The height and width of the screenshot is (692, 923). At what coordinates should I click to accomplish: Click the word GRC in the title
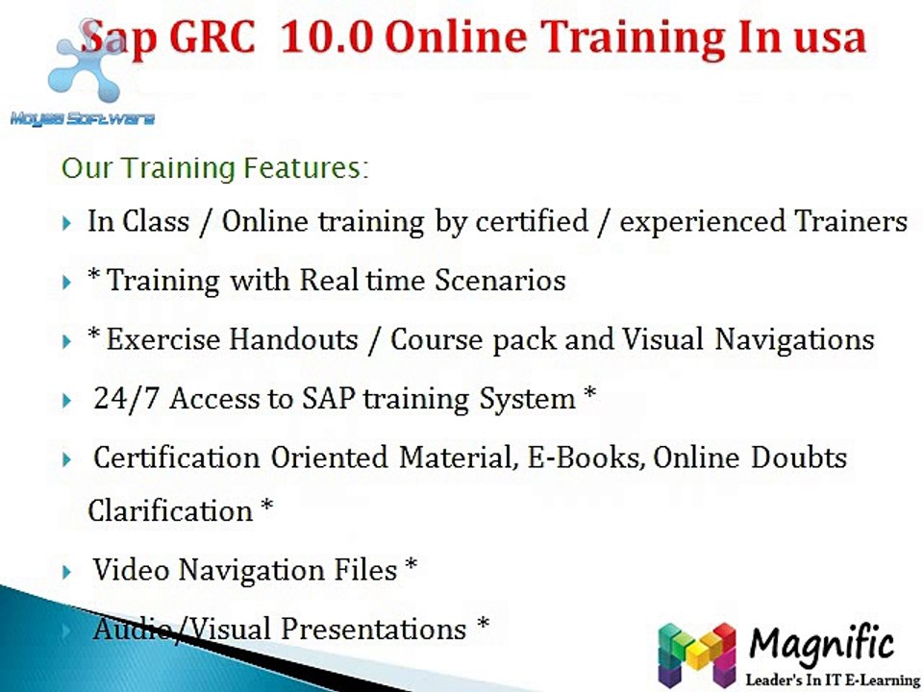pos(212,37)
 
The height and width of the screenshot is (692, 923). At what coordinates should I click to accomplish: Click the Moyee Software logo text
pos(83,119)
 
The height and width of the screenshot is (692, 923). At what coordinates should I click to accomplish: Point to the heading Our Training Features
pos(214,168)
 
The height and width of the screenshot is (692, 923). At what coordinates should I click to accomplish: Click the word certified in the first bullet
pos(532,222)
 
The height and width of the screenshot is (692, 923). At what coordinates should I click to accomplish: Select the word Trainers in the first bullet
pos(851,222)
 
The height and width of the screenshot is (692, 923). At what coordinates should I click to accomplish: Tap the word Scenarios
pos(500,280)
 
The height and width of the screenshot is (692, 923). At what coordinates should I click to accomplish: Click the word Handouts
pos(293,339)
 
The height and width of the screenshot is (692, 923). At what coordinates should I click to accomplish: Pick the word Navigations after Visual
pos(794,340)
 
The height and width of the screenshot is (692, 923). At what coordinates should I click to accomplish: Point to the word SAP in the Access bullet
pos(329,399)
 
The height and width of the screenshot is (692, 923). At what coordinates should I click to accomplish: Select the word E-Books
pos(584,457)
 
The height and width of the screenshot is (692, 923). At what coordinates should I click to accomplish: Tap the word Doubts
pos(798,457)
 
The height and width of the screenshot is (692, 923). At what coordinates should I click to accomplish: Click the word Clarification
pos(170,510)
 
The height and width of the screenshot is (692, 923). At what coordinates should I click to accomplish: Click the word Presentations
pos(373,629)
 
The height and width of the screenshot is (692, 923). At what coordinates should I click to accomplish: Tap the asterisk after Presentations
pos(483,623)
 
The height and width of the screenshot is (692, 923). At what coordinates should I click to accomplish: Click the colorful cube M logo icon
pos(697,654)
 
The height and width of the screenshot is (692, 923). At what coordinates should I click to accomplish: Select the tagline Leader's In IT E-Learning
pos(833,680)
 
